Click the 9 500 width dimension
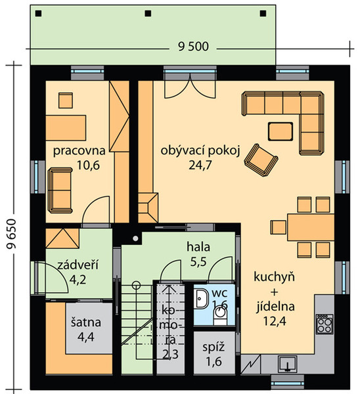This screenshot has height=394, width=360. click(x=193, y=47)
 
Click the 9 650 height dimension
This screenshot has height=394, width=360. click(x=12, y=234)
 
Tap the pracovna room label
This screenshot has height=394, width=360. click(x=79, y=151)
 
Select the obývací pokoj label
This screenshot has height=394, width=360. click(x=200, y=151)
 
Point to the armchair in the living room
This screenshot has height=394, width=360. click(x=261, y=160)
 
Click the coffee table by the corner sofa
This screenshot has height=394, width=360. click(x=281, y=131)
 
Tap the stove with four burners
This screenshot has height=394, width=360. click(x=325, y=324)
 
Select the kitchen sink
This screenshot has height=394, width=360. click(x=288, y=363)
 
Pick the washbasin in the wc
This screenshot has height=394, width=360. click(x=202, y=299)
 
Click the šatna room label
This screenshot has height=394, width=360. click(x=85, y=322)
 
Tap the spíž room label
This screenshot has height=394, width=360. click(x=214, y=347)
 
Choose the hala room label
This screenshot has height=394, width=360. click(x=198, y=247)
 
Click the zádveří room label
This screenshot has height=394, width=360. click(x=78, y=265)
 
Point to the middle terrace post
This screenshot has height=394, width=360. click(x=148, y=13)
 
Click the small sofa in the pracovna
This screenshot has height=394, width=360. click(x=60, y=190)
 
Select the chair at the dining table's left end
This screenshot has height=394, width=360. click(x=279, y=227)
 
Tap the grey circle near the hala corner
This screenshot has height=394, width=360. click(x=135, y=238)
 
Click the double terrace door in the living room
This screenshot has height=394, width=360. click(x=190, y=86)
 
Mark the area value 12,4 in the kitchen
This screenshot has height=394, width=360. click(x=275, y=321)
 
